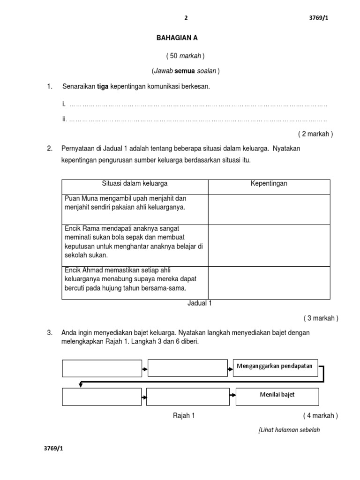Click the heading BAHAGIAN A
(x=174, y=38)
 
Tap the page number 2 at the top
(x=186, y=18)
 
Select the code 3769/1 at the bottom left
(x=53, y=449)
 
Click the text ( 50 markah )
(x=186, y=56)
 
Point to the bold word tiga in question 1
(x=103, y=87)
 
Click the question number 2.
(x=50, y=149)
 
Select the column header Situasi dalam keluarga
(x=135, y=184)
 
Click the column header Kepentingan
(x=269, y=184)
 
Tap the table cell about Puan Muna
(x=135, y=209)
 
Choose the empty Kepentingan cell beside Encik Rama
(x=269, y=245)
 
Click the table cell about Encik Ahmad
(x=135, y=282)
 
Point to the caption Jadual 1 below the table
(x=200, y=303)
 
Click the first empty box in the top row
(x=102, y=368)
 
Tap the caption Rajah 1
(x=184, y=415)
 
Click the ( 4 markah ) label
(x=320, y=415)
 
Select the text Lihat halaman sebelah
(x=290, y=430)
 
